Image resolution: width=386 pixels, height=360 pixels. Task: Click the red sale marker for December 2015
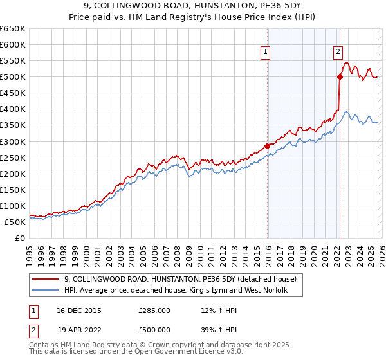(267, 146)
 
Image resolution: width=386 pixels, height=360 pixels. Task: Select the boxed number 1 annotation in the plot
(266, 53)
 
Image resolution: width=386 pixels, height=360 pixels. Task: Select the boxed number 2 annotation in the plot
(338, 53)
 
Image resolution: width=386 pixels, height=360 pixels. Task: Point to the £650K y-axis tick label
(13, 29)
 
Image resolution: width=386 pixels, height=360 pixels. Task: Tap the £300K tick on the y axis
(13, 141)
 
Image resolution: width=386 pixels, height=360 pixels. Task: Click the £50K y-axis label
(15, 222)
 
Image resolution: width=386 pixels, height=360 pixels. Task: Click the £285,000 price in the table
(154, 311)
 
